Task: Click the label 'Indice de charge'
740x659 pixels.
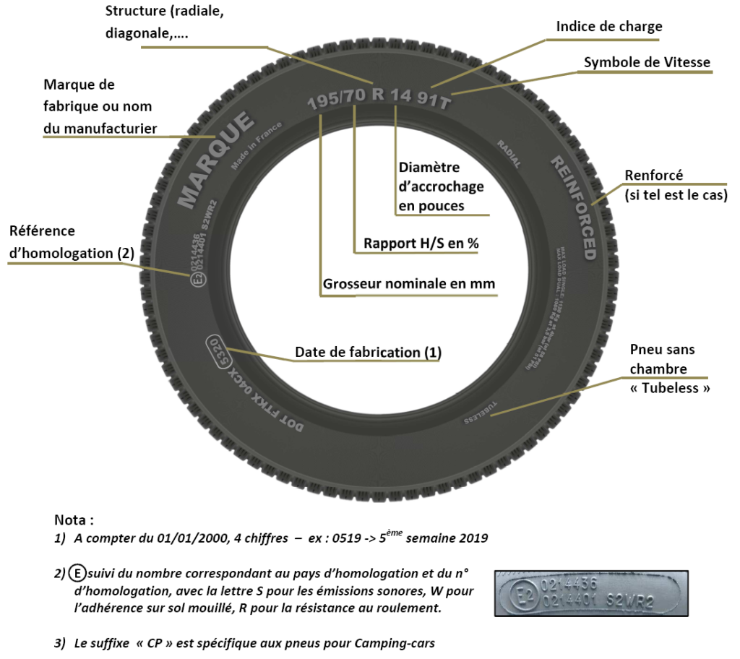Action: tap(608, 27)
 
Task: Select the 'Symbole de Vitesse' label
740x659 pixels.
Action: tap(647, 63)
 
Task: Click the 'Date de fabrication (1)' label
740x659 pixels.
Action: tap(368, 353)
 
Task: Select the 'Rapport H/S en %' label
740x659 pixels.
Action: tap(421, 244)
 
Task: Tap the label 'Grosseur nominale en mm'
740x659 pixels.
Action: tap(408, 284)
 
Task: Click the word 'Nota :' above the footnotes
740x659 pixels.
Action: tap(74, 520)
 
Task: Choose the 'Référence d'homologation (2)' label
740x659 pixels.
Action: tap(72, 242)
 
